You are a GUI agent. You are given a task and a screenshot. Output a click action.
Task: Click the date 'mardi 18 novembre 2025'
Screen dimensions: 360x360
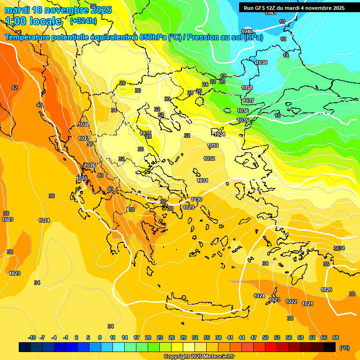58,10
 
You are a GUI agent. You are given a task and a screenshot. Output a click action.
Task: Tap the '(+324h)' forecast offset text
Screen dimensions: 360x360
83,21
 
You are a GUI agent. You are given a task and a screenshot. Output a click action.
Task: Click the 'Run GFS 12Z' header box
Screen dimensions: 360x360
294,7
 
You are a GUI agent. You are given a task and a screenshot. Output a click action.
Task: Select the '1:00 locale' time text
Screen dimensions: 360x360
33,21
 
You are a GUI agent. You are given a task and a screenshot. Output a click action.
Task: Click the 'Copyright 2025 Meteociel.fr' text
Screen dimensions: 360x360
199,356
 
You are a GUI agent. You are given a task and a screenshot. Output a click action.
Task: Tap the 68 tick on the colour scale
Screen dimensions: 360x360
336,337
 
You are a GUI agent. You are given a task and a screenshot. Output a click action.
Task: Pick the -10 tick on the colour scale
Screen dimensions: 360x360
32,337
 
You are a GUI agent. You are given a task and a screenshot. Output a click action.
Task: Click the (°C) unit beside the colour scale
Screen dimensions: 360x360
344,348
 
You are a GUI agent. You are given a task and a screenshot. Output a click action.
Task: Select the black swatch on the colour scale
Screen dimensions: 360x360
330,347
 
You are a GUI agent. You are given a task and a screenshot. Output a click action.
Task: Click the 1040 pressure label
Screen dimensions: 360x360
247,31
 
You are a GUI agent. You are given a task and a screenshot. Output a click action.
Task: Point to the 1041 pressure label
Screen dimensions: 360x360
270,13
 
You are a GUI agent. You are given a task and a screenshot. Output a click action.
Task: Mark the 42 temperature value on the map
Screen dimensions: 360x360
15,88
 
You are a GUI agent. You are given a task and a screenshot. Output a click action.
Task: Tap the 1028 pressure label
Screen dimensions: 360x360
84,124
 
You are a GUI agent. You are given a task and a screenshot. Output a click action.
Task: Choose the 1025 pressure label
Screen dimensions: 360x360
82,178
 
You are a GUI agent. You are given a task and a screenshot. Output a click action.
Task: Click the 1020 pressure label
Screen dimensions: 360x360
326,290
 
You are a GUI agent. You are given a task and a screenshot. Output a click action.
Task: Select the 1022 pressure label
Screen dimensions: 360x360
291,301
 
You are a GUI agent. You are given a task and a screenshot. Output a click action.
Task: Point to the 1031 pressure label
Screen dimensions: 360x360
202,180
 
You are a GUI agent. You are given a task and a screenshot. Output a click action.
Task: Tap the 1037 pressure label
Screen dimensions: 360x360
248,100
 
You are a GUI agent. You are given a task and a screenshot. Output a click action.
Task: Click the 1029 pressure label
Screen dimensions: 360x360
188,207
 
